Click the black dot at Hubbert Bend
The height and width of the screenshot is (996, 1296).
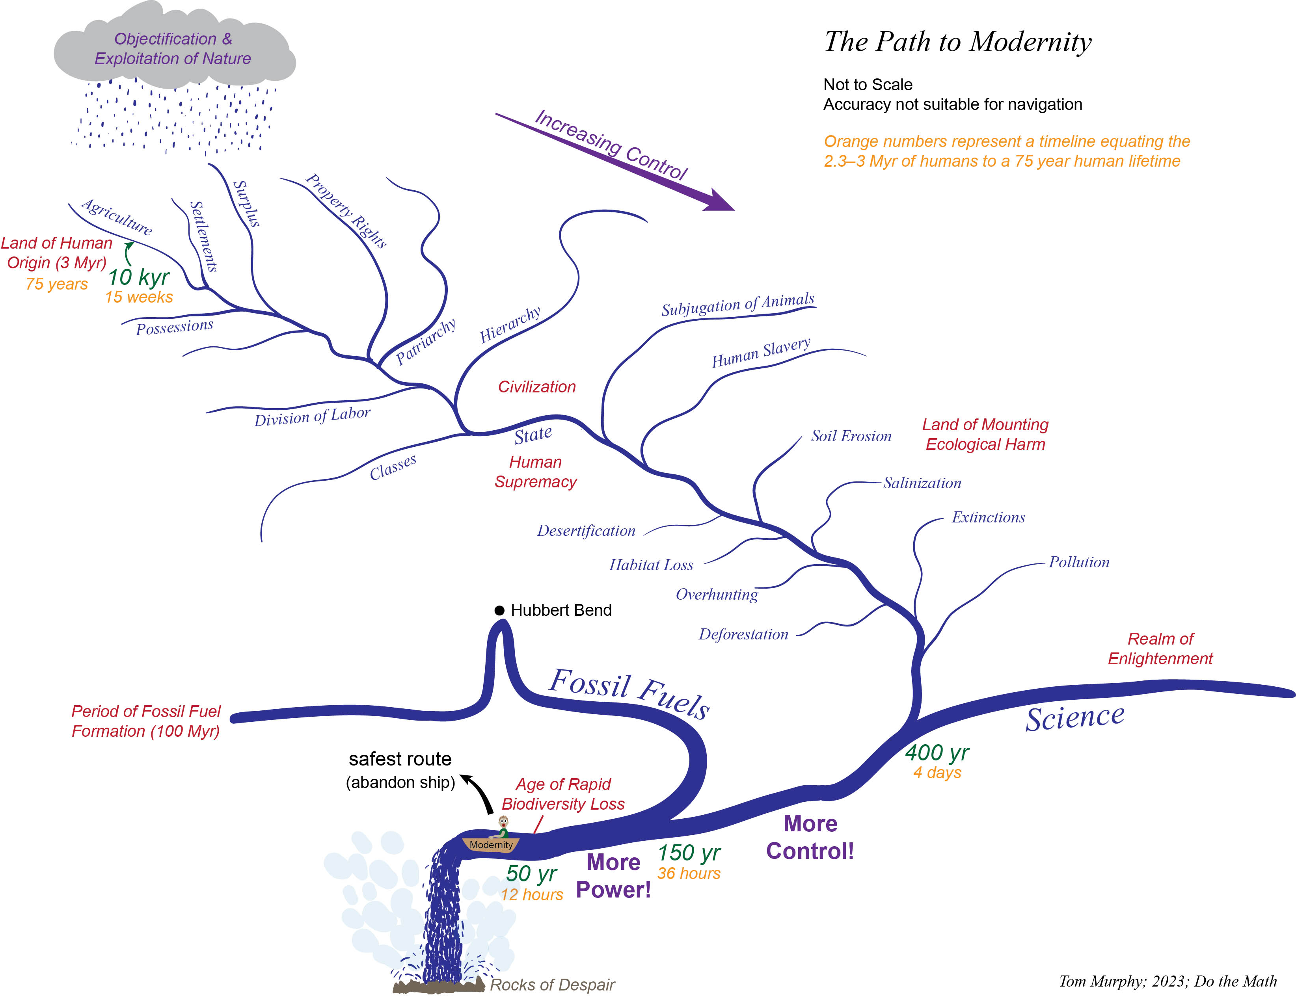[499, 610]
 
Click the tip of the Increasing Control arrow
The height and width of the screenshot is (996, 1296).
[734, 210]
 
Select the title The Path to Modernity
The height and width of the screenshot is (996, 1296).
[958, 41]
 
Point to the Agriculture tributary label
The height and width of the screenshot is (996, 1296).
[117, 217]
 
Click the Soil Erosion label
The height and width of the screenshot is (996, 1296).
[851, 437]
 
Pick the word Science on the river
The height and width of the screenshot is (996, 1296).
[1075, 718]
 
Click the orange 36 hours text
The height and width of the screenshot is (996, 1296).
[689, 873]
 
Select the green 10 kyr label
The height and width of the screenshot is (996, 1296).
[139, 277]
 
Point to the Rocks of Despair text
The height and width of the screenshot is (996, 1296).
[552, 985]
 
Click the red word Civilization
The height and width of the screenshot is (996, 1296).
[537, 387]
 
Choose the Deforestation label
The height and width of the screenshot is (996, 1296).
[743, 634]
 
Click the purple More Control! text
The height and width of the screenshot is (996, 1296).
[810, 837]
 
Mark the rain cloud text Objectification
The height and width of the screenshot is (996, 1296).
[166, 39]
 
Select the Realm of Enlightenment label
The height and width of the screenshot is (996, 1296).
[1160, 649]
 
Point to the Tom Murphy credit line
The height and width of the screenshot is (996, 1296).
[1167, 981]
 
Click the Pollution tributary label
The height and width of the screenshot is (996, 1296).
[1079, 562]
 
